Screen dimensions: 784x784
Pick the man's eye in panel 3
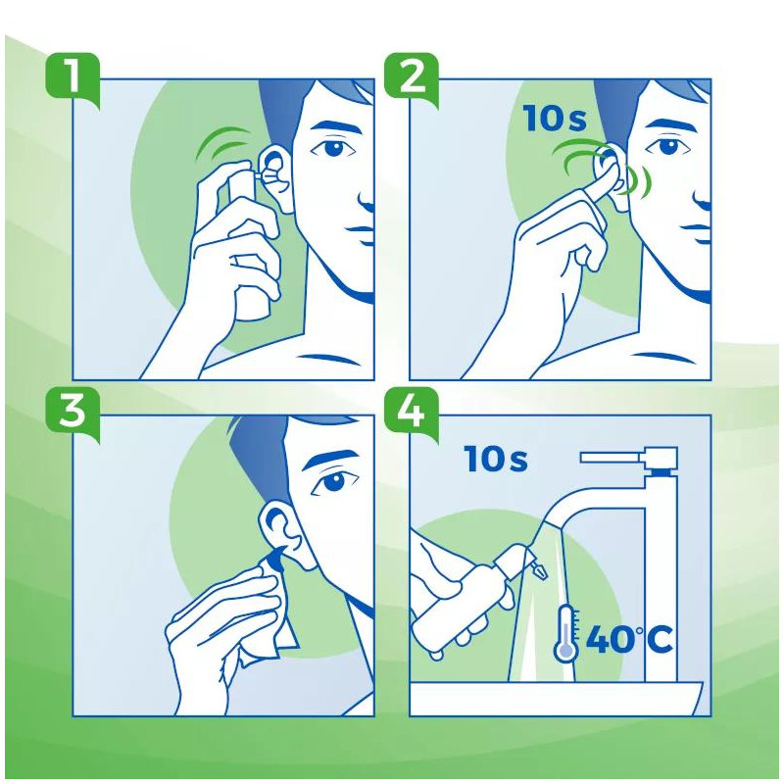pyautogui.click(x=334, y=482)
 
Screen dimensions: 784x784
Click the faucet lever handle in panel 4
pyautogui.click(x=627, y=456)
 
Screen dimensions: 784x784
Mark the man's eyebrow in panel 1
pyautogui.click(x=333, y=125)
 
